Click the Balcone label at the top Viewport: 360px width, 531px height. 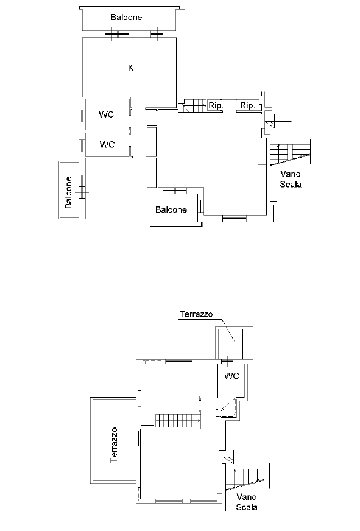[x=126, y=17]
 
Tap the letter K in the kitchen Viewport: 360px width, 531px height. [x=131, y=68]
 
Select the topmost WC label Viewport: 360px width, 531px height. [x=107, y=114]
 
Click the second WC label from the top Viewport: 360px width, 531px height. [x=107, y=144]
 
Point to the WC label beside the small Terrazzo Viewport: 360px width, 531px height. [x=231, y=376]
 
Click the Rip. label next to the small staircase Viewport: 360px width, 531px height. [x=216, y=106]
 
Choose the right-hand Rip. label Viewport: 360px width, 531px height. [x=247, y=106]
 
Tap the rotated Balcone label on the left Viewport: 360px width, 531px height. [x=69, y=192]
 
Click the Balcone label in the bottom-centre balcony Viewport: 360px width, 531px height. [x=171, y=209]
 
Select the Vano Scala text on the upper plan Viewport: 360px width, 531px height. [x=291, y=179]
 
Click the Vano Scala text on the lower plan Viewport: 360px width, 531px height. [x=247, y=502]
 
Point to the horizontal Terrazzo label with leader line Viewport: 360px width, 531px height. [x=196, y=314]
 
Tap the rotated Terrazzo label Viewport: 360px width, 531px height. [x=114, y=445]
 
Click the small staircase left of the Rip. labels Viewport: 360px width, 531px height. [x=192, y=106]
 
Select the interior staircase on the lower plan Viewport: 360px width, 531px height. [x=178, y=420]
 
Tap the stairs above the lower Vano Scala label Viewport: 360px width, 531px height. [x=246, y=479]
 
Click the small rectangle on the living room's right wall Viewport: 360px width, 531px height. [x=262, y=174]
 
